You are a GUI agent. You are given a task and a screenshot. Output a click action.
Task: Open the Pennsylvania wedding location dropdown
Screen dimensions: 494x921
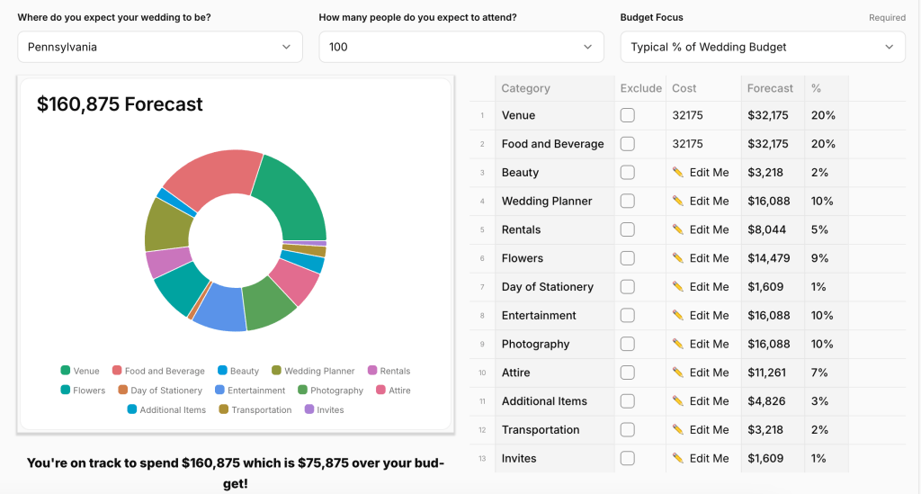pyautogui.click(x=160, y=47)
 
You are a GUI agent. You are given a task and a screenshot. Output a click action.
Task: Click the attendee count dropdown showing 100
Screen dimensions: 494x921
pyautogui.click(x=460, y=47)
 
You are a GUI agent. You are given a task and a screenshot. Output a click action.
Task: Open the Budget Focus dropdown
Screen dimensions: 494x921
pyautogui.click(x=763, y=47)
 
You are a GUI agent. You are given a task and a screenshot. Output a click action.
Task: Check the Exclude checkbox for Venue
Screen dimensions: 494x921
pyautogui.click(x=628, y=115)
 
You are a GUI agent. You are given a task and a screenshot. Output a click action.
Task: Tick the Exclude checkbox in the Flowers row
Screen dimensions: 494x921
pyautogui.click(x=628, y=258)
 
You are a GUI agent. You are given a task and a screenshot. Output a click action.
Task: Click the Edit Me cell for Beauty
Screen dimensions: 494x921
pyautogui.click(x=702, y=173)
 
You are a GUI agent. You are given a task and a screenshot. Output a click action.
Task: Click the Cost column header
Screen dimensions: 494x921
pyautogui.click(x=684, y=88)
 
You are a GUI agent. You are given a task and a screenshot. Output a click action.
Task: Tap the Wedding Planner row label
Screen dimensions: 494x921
pyautogui.click(x=547, y=202)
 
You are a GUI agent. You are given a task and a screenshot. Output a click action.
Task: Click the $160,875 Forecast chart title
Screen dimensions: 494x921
pyautogui.click(x=120, y=104)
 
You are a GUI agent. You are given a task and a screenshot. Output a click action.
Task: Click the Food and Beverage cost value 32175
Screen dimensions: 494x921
pyautogui.click(x=688, y=144)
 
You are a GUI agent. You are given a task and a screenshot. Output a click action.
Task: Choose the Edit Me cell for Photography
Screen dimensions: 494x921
pyautogui.click(x=702, y=345)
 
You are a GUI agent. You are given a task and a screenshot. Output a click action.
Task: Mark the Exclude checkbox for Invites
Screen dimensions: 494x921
pyautogui.click(x=628, y=459)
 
